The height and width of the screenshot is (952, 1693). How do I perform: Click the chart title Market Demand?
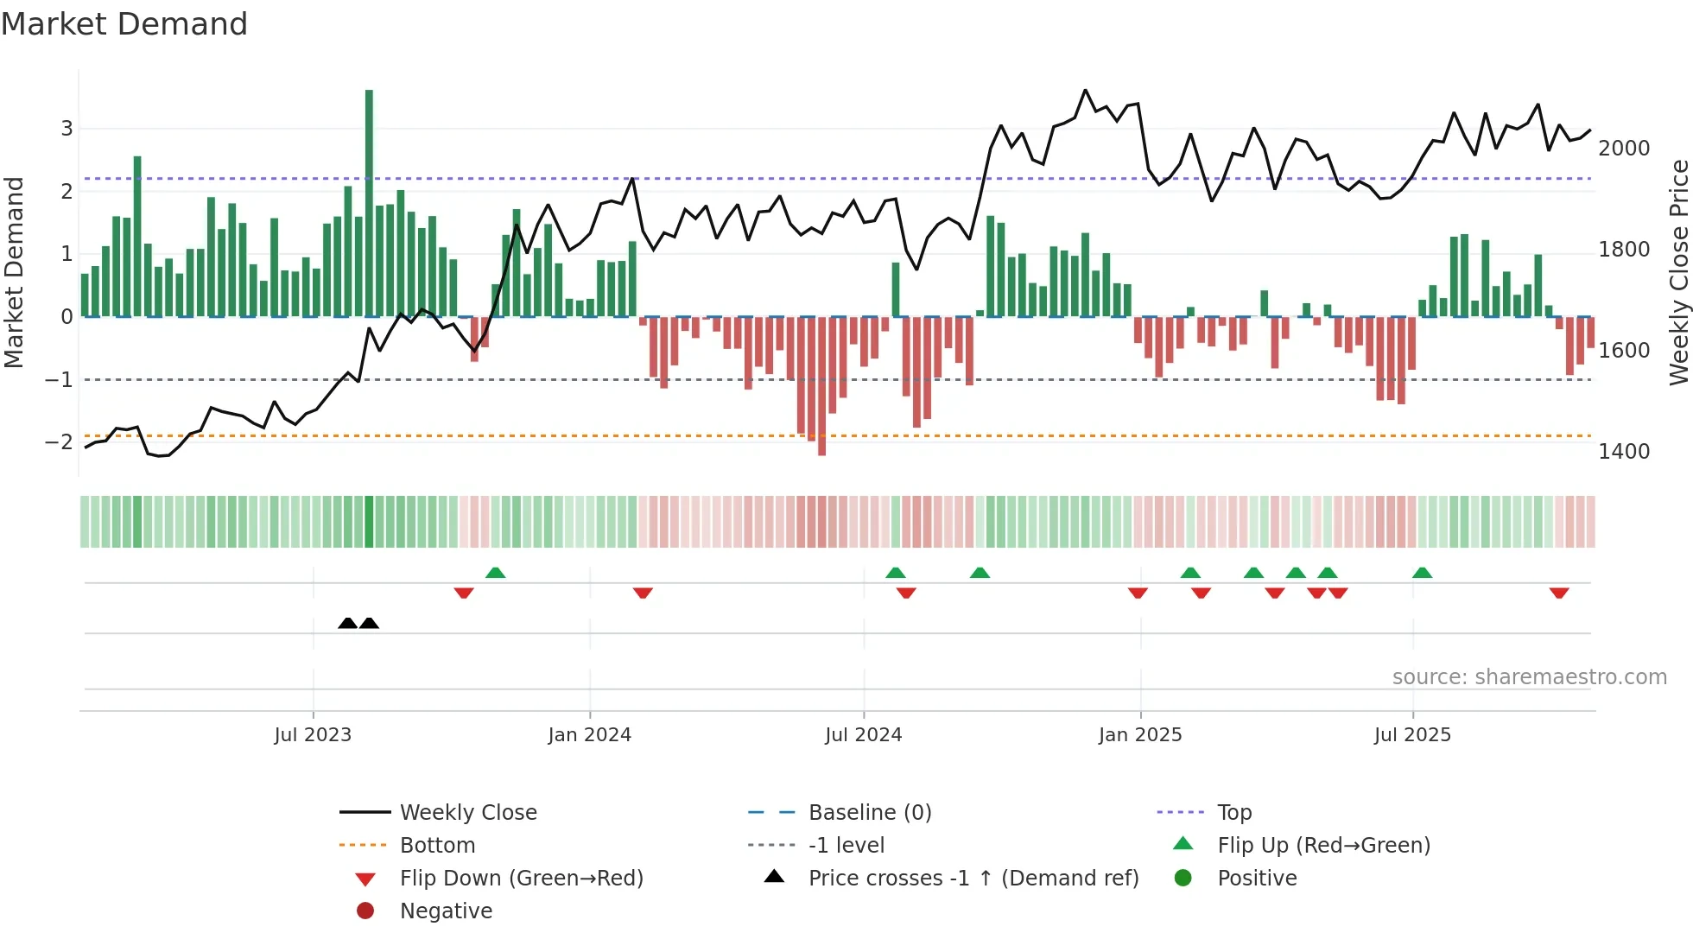pos(124,24)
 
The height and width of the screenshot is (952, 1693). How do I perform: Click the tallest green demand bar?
pos(369,203)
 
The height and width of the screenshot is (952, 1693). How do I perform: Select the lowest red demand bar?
pos(821,385)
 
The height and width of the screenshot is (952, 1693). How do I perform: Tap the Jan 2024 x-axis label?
pos(589,735)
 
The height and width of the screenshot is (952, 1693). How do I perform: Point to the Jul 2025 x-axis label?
pos(1412,735)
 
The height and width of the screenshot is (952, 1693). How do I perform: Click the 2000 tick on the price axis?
pos(1624,149)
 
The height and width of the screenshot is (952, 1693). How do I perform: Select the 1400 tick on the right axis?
pos(1624,452)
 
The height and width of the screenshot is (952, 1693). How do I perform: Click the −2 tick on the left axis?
pos(59,442)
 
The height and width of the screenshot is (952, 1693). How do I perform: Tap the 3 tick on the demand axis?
pos(67,129)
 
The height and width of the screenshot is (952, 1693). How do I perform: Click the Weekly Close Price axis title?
pos(1678,272)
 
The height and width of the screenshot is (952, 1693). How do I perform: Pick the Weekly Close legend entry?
pos(467,813)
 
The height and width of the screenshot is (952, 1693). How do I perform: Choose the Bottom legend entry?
pos(437,846)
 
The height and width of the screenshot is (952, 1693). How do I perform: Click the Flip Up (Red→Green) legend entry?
pos(1323,846)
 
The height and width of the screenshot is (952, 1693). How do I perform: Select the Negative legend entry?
pos(446,911)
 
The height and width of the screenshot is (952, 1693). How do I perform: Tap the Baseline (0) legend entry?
pos(869,813)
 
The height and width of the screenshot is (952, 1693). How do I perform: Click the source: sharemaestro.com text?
pos(1529,677)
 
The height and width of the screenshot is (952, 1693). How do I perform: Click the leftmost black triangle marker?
pos(347,623)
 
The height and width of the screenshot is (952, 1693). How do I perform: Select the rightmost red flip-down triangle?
pos(1559,593)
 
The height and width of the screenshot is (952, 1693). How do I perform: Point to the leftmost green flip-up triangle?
pos(495,573)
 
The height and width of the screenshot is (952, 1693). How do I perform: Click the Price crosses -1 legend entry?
pos(973,879)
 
